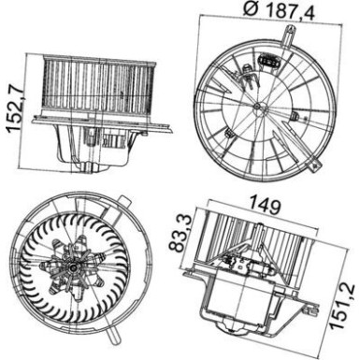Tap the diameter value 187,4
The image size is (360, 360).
[291, 11]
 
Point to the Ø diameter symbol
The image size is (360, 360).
[251, 9]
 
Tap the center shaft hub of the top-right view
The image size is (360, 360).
[257, 107]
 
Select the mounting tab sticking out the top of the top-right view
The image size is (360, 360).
[288, 36]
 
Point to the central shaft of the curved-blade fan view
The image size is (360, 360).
[74, 267]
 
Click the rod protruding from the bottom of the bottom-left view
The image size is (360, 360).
[112, 334]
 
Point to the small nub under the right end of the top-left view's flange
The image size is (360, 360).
[144, 133]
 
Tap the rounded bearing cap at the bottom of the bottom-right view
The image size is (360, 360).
[231, 328]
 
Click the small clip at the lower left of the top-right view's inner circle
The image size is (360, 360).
[228, 133]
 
